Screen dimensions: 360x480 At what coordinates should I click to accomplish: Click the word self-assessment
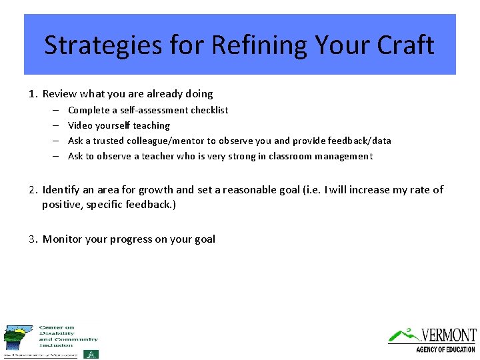point(153,110)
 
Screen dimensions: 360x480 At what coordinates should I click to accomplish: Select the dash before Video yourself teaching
point(53,125)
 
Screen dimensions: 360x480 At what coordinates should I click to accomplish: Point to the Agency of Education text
point(445,349)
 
